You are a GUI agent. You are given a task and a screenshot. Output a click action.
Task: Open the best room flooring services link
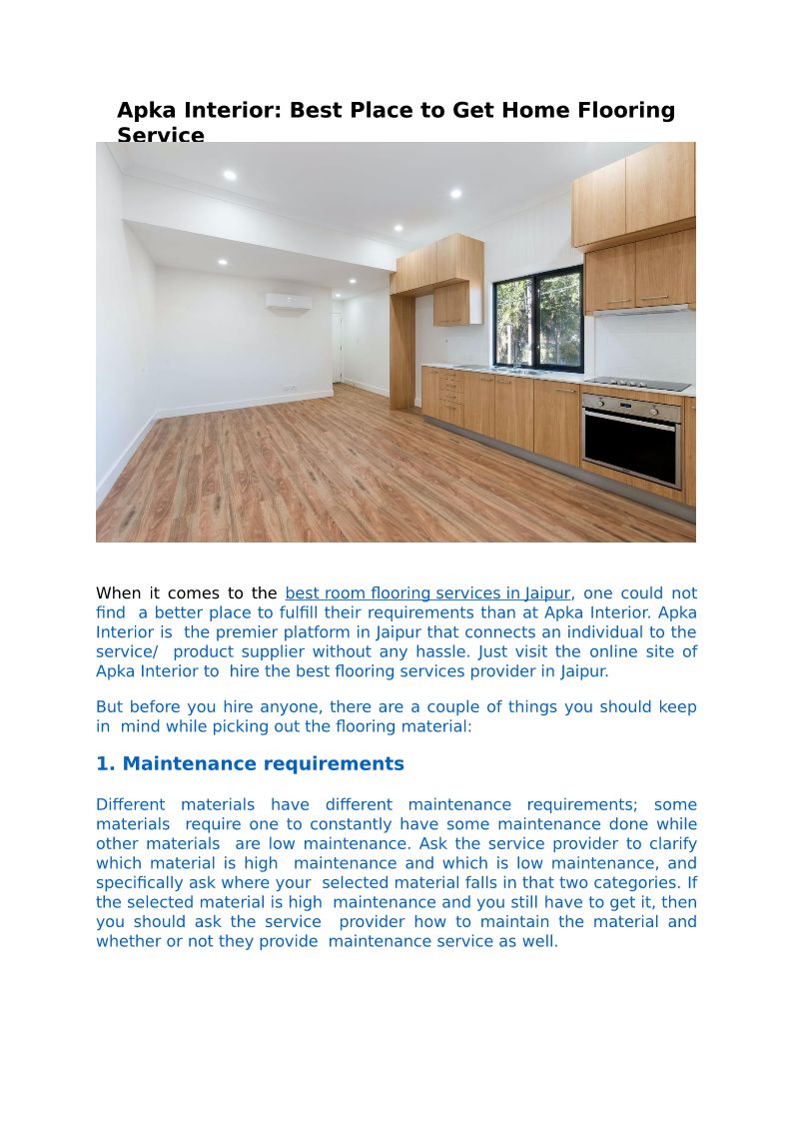click(x=427, y=593)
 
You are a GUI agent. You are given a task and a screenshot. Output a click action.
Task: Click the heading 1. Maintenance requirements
click(x=250, y=764)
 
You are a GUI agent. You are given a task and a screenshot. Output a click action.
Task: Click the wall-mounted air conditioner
click(x=288, y=301)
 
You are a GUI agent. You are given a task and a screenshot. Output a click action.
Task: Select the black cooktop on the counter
click(x=637, y=384)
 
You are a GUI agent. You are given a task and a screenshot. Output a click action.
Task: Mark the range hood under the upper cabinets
click(x=639, y=310)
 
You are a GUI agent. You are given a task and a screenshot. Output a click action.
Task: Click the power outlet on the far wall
click(x=289, y=388)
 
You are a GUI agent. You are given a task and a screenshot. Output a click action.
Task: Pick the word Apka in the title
click(x=148, y=111)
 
